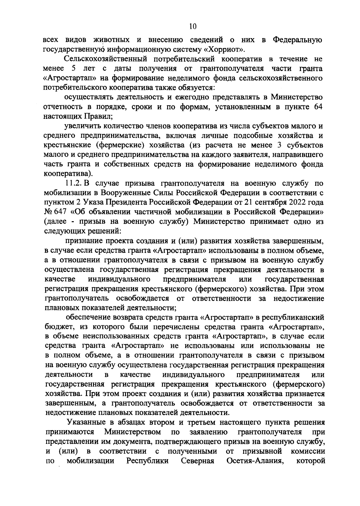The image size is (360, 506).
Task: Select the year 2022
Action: [300, 203]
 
